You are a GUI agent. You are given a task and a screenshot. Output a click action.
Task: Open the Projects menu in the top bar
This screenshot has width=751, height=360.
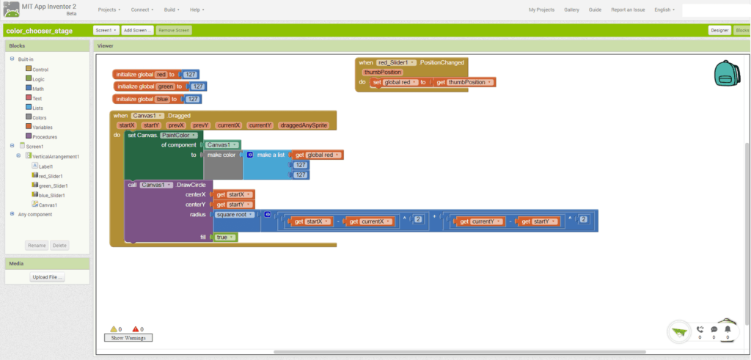(109, 10)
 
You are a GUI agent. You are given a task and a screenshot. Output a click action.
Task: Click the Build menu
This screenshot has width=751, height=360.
(172, 10)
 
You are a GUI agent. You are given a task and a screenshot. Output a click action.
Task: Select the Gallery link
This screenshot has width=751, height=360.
(571, 10)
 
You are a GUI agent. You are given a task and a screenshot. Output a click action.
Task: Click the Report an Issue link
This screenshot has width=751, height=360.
(628, 10)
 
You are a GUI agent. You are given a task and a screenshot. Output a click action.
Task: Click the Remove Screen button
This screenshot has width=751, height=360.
(174, 30)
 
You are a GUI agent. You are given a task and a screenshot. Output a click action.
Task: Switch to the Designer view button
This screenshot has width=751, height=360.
(719, 30)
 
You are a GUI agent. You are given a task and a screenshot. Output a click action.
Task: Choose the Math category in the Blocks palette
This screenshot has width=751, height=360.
(37, 89)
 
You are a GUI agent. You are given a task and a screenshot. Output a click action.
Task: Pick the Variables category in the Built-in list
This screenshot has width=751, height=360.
(43, 127)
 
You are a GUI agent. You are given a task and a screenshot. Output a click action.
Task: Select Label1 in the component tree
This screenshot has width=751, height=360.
(45, 166)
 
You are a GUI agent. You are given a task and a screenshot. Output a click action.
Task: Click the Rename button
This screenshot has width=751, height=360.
(36, 245)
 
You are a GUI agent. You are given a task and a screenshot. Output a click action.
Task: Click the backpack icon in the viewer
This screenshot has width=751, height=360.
(726, 73)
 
